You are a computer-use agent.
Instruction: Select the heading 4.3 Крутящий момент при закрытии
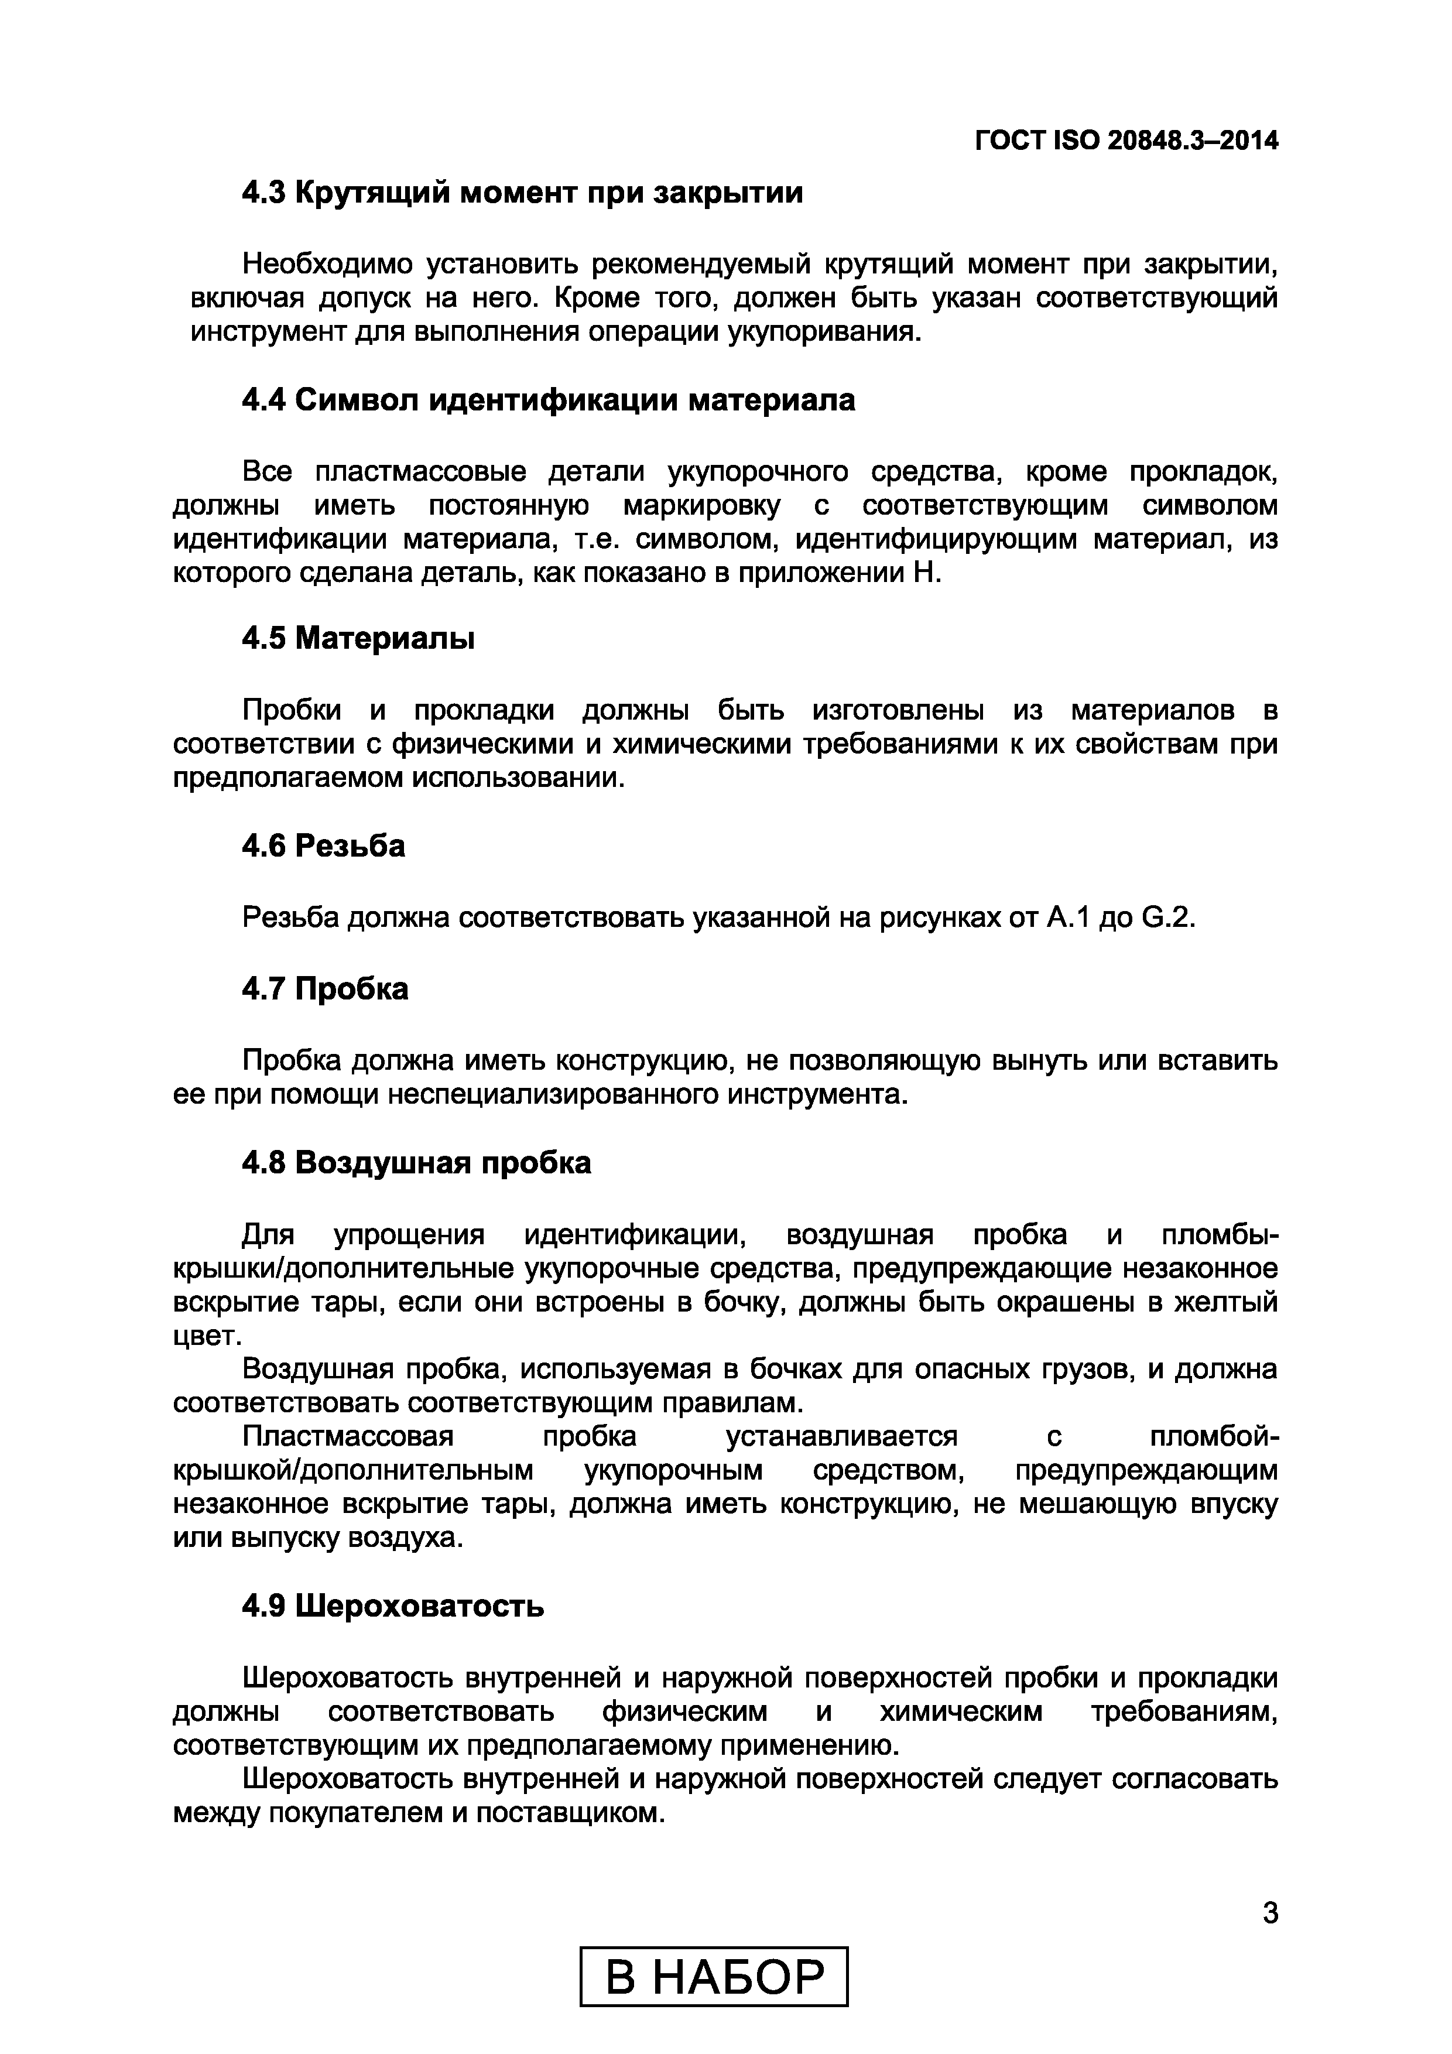[x=522, y=192]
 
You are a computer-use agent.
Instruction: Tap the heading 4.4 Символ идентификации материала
[x=549, y=400]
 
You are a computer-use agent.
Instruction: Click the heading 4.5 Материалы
[x=358, y=638]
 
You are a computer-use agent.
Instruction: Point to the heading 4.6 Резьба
[x=323, y=844]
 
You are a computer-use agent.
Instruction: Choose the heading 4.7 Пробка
[x=325, y=988]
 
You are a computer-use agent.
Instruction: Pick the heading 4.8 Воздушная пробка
[x=416, y=1162]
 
